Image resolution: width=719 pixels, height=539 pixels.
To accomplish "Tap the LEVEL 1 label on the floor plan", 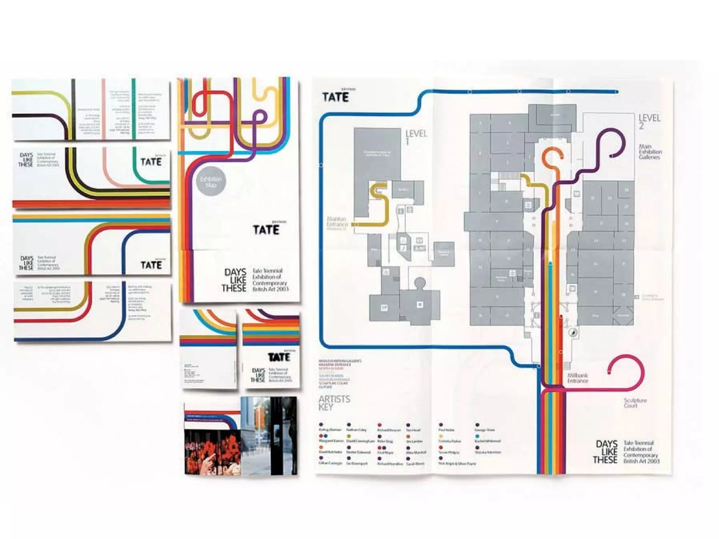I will tap(416, 137).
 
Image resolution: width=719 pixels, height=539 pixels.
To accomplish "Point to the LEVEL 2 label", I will tap(649, 121).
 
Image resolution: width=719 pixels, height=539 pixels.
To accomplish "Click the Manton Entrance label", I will tap(337, 222).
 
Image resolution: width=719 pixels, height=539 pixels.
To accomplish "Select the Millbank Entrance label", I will tap(578, 378).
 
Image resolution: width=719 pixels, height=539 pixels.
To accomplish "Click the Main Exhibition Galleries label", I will tap(650, 152).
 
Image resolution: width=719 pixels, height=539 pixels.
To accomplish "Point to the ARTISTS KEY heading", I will tap(334, 403).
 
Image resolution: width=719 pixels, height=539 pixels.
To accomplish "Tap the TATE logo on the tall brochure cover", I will tap(266, 229).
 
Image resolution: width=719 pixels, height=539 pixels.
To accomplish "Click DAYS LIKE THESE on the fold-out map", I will tap(606, 452).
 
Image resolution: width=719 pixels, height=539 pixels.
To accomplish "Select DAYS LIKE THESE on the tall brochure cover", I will tap(235, 280).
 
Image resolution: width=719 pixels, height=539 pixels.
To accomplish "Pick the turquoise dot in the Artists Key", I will tap(477, 436).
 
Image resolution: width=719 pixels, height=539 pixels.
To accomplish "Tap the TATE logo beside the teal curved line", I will tap(151, 161).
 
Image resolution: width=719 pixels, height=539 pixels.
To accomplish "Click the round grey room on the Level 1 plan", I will tap(420, 282).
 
